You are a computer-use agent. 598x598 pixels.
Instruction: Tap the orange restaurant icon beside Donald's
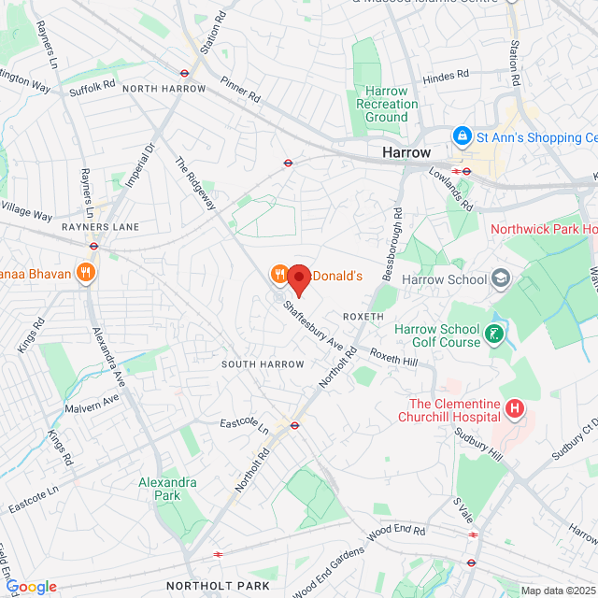pyautogui.click(x=278, y=274)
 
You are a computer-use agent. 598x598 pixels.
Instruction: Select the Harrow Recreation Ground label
pyautogui.click(x=387, y=104)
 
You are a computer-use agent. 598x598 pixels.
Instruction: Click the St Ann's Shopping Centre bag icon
pyautogui.click(x=462, y=137)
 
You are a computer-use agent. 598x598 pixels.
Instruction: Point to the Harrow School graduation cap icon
pyautogui.click(x=502, y=278)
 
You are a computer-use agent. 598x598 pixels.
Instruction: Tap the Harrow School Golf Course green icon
pyautogui.click(x=495, y=334)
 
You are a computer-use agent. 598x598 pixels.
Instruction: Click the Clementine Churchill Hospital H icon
pyautogui.click(x=513, y=408)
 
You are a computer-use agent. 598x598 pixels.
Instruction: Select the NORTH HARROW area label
pyautogui.click(x=164, y=89)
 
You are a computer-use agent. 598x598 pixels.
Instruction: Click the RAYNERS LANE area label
pyautogui.click(x=101, y=227)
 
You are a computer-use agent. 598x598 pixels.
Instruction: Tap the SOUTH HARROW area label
pyautogui.click(x=263, y=363)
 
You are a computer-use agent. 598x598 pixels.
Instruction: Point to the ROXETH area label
pyautogui.click(x=363, y=317)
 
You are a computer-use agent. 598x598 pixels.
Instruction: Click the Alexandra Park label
pyautogui.click(x=167, y=489)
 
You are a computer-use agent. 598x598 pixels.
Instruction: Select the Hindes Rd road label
pyautogui.click(x=445, y=77)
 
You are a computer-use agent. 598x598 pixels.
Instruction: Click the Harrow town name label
pyautogui.click(x=406, y=152)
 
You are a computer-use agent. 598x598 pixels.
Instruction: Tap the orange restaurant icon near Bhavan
pyautogui.click(x=86, y=273)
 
